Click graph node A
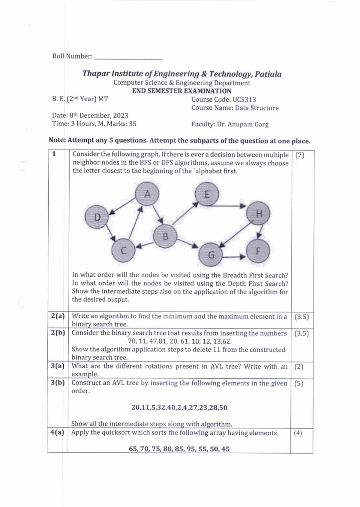[x=147, y=194]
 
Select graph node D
[x=97, y=217]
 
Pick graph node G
[x=211, y=255]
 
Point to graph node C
[x=123, y=250]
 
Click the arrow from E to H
[x=229, y=206]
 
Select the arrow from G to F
[x=234, y=257]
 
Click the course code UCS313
[x=244, y=100]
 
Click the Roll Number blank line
[x=128, y=59]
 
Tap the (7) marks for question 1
[x=300, y=155]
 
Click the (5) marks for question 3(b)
[x=299, y=383]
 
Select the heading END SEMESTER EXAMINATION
[x=182, y=91]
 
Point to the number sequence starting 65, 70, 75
[x=179, y=449]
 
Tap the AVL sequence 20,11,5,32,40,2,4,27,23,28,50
[x=179, y=407]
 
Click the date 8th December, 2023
[x=99, y=115]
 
